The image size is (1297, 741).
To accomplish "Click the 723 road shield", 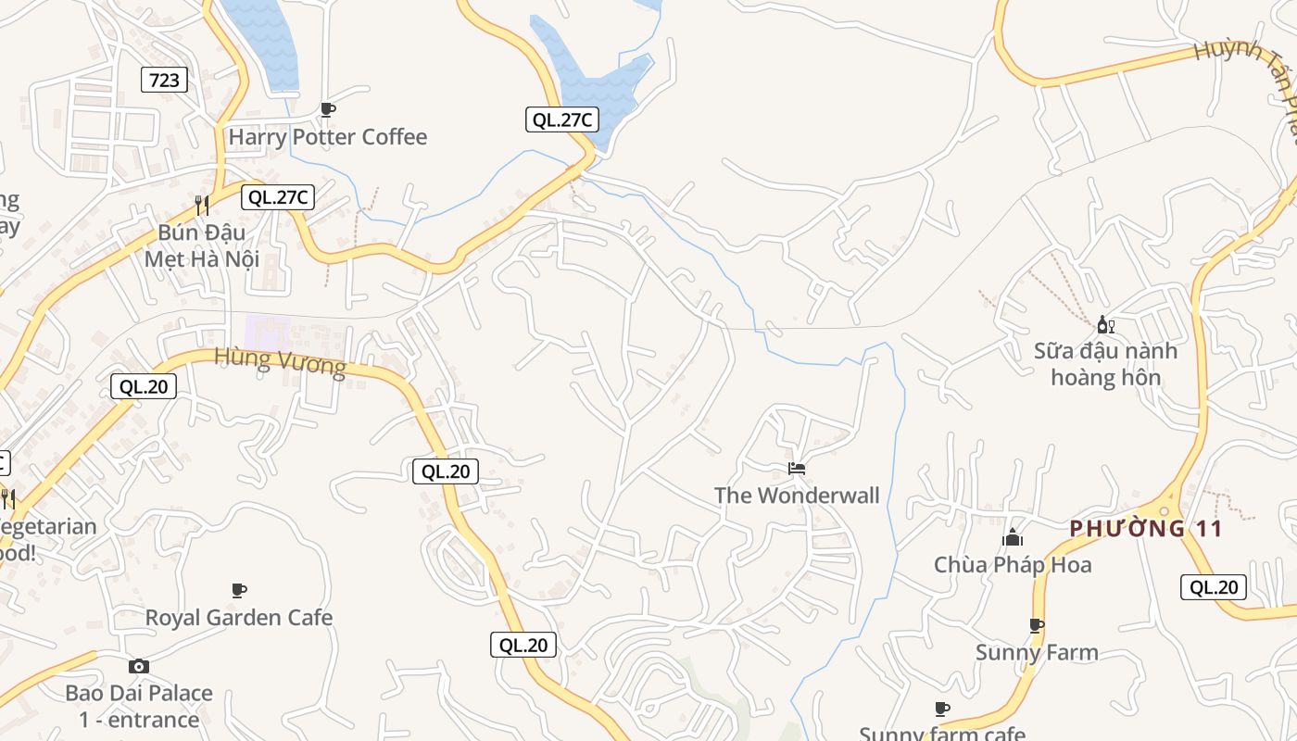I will click(164, 80).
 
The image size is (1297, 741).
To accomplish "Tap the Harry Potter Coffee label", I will click(328, 137).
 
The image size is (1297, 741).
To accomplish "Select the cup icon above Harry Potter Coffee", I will click(327, 109).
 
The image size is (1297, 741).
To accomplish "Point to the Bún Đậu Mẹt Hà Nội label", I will click(202, 245).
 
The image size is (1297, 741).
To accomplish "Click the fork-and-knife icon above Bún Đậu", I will click(201, 205).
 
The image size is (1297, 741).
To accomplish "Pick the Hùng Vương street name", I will click(280, 361).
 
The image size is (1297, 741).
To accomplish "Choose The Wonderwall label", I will click(797, 496).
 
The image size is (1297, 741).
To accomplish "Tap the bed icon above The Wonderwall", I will click(797, 469).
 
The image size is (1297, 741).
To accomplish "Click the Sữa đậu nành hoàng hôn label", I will click(1106, 364).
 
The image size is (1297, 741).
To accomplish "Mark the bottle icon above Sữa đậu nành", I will click(1104, 324).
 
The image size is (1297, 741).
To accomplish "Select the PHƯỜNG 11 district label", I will click(1146, 529).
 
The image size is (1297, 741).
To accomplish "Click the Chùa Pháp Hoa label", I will click(1013, 565).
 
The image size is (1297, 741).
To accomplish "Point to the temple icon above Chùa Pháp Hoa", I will click(1013, 537).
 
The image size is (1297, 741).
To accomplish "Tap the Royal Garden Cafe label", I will click(239, 618).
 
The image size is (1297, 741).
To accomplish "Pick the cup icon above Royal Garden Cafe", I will click(239, 590).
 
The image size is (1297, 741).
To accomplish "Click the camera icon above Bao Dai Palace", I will click(139, 666).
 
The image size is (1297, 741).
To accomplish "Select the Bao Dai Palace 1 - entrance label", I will click(139, 706).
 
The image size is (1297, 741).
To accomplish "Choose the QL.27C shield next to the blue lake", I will click(561, 119).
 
